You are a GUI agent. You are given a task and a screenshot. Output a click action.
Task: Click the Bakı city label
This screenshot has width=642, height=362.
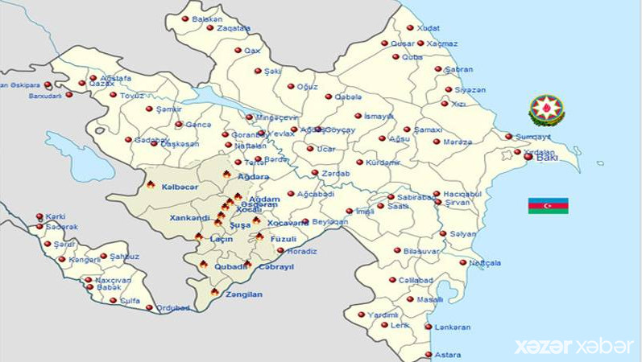coord(547,158)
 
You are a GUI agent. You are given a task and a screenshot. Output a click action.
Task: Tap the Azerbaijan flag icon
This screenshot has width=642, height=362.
coord(548,205)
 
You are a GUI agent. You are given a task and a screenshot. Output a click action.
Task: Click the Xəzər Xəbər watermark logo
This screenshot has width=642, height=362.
coord(574,346)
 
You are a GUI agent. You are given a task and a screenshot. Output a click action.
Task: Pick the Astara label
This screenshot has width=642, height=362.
coord(448,355)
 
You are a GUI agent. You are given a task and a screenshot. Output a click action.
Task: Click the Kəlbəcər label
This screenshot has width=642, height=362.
coord(179,187)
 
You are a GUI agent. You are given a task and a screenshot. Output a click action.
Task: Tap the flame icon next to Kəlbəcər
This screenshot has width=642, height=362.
coord(151,185)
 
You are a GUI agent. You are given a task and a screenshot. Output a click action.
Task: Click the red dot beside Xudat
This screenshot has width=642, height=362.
coord(410,27)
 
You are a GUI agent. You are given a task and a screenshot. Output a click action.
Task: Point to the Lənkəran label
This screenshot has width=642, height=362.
coord(452,327)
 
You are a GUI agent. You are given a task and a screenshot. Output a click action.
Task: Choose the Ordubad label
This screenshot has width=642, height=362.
coord(173,307)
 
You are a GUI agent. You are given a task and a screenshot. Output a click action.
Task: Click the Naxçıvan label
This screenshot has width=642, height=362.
coord(114,279)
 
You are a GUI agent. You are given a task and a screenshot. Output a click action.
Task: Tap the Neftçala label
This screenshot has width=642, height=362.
coord(485,263)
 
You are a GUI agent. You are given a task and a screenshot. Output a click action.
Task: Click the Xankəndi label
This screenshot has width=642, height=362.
coord(189,218)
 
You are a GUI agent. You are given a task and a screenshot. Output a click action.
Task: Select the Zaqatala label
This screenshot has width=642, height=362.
coord(234,28)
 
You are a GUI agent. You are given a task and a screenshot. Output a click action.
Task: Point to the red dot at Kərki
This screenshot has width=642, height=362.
coord(39,216)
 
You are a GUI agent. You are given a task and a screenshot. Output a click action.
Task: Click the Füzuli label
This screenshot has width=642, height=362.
coord(283,239)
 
